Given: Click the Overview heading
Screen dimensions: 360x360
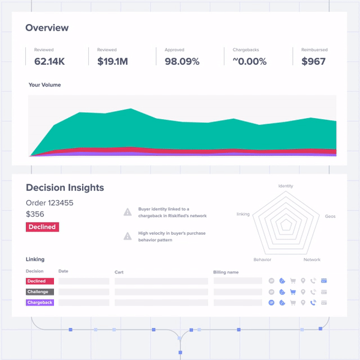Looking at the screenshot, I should (x=47, y=28).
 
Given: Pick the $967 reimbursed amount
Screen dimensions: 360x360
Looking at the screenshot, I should (x=313, y=61).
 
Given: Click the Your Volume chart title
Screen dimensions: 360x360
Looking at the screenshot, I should (x=44, y=85).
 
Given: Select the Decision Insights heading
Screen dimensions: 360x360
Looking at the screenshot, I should (x=65, y=188).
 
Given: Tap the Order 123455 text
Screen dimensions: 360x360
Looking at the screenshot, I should (x=50, y=203).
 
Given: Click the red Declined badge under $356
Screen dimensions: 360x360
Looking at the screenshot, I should (x=42, y=227).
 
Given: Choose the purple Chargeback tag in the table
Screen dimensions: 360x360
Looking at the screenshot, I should (x=40, y=303).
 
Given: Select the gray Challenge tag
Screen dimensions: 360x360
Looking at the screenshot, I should (x=40, y=292).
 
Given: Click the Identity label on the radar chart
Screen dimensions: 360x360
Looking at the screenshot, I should (x=286, y=186).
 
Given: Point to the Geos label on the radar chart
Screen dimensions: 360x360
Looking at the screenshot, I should (x=330, y=216).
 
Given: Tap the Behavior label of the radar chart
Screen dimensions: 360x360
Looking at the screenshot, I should (x=262, y=260).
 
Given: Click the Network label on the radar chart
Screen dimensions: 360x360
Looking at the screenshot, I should (x=312, y=260).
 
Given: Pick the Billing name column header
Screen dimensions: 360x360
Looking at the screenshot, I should (x=226, y=272).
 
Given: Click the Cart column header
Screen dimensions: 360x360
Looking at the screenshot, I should (x=119, y=272).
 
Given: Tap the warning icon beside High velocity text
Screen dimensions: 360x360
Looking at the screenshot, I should (x=127, y=236).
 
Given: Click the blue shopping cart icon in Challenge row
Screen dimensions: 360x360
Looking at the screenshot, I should (x=293, y=292).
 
